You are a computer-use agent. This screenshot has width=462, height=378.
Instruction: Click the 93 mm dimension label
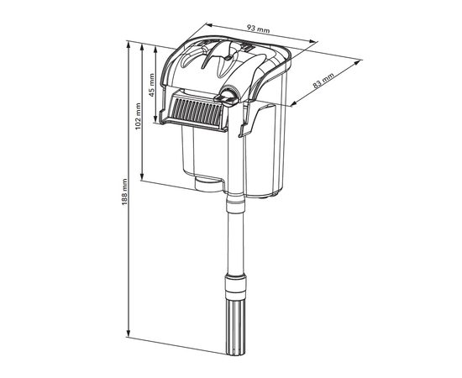pyautogui.click(x=258, y=29)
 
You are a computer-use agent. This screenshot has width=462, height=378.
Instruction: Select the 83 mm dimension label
pyautogui.click(x=323, y=80)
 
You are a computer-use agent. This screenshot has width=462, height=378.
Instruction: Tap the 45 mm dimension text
pyautogui.click(x=151, y=85)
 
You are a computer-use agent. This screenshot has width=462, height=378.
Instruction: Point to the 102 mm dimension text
pyautogui.click(x=138, y=117)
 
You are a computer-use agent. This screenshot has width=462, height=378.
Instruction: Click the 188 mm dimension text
pyautogui.click(x=124, y=192)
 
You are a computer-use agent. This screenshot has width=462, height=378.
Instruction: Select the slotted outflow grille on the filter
pyautogui.click(x=197, y=112)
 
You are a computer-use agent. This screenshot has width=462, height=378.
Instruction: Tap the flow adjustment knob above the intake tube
pyautogui.click(x=227, y=96)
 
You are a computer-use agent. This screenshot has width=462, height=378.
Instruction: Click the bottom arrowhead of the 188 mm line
pyautogui.click(x=129, y=333)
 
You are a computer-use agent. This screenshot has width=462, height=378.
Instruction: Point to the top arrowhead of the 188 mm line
pyautogui.click(x=129, y=45)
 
